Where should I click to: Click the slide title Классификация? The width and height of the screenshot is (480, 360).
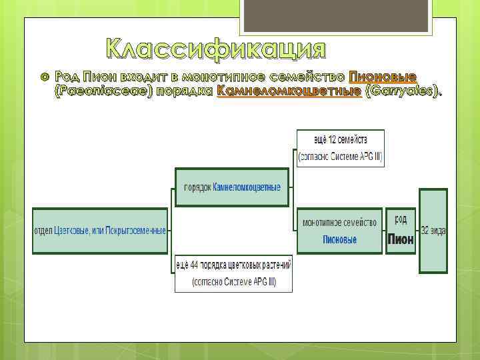coord(217,49)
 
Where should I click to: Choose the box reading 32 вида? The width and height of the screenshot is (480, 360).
coord(433,230)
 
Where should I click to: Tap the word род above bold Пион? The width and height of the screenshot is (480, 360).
coord(401,219)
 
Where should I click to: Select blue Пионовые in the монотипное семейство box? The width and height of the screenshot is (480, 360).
coord(339,239)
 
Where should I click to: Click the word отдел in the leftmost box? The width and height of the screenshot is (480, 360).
coord(43,231)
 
